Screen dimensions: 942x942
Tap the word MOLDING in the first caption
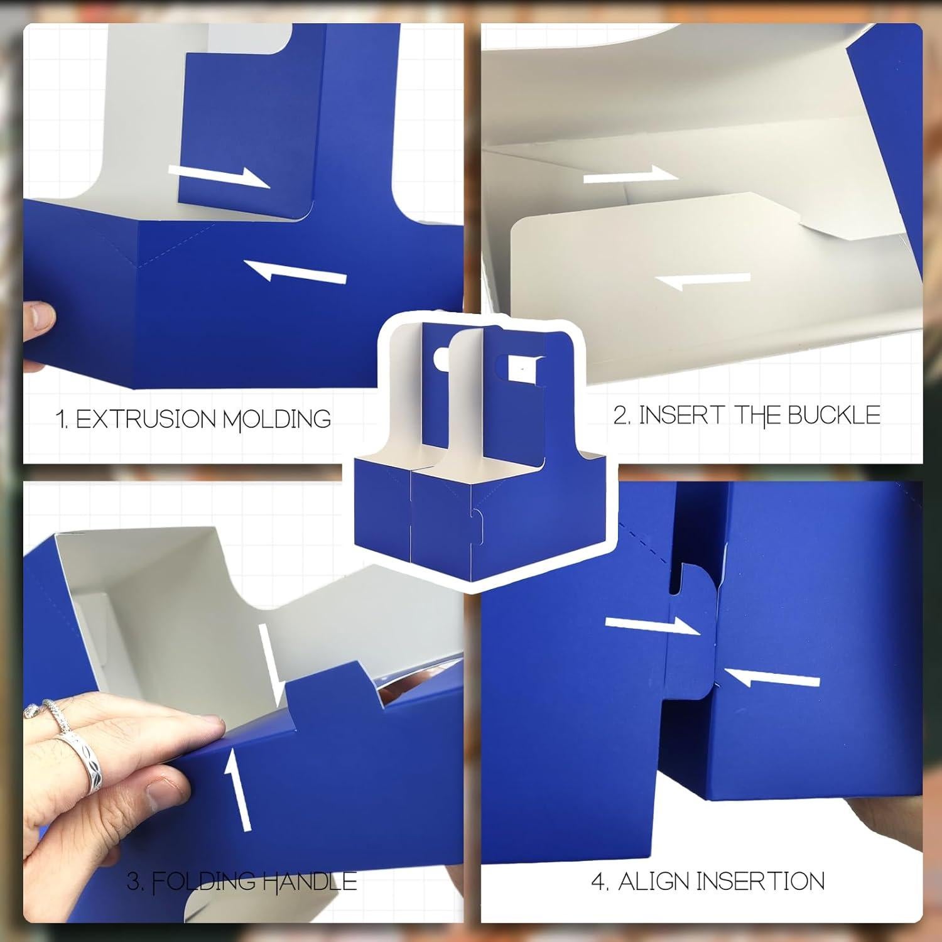pyautogui.click(x=277, y=420)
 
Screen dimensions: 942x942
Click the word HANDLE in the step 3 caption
pyautogui.click(x=310, y=882)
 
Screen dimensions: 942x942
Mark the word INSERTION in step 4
pyautogui.click(x=761, y=882)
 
